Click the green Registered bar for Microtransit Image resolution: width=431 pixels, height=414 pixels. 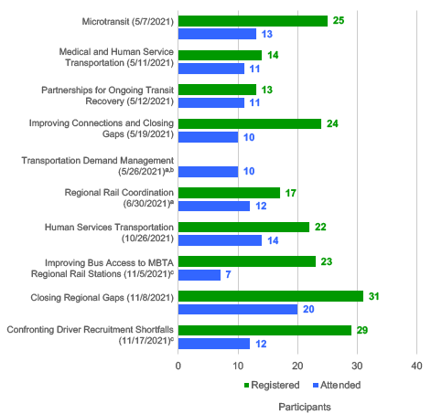(253, 21)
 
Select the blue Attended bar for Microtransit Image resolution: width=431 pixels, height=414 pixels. (217, 34)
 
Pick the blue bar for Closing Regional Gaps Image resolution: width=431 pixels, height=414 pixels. (238, 309)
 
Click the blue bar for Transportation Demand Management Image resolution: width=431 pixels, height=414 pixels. (208, 171)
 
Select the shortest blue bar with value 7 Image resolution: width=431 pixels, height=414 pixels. (199, 274)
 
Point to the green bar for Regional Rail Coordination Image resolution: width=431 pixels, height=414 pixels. (229, 193)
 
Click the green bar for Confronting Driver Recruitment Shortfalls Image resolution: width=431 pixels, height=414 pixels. (264, 330)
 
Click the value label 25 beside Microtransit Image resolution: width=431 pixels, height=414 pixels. (339, 21)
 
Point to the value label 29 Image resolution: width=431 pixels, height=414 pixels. (363, 330)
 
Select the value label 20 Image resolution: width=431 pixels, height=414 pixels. (309, 309)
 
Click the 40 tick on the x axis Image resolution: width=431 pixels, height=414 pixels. (416, 365)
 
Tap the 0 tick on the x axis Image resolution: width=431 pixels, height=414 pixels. (178, 365)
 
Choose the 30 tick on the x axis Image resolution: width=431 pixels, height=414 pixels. (357, 365)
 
